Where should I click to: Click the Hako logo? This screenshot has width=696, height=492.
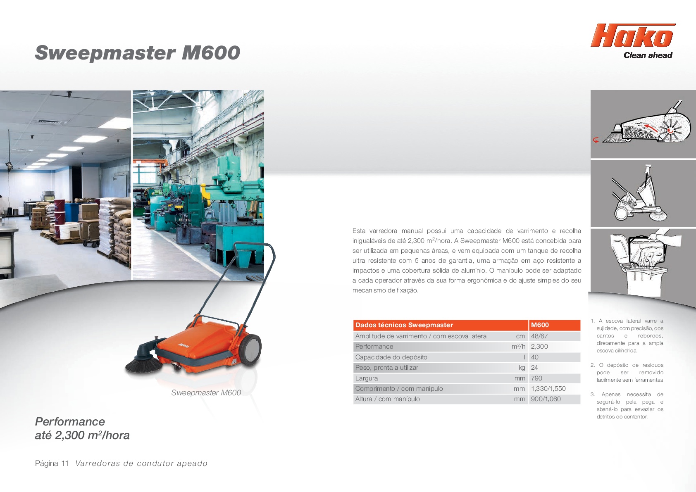(633, 36)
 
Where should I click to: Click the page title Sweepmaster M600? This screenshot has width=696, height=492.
(137, 52)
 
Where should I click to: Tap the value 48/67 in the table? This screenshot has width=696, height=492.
(539, 336)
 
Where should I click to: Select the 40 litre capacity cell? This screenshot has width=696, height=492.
(535, 357)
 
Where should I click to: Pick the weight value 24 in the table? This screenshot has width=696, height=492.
(534, 367)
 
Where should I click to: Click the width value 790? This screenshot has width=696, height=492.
(536, 378)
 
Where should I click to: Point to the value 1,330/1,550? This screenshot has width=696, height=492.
(548, 389)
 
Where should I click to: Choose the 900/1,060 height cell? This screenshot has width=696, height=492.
(546, 399)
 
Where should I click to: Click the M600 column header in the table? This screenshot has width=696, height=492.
(540, 325)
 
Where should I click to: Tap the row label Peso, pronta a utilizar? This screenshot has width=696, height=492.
(386, 367)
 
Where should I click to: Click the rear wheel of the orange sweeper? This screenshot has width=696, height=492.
(250, 350)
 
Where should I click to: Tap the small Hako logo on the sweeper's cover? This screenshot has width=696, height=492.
(184, 345)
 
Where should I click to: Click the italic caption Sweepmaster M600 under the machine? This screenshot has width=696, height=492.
(206, 392)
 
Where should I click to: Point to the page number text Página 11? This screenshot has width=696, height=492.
(52, 463)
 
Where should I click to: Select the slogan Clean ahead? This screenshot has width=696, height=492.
(648, 55)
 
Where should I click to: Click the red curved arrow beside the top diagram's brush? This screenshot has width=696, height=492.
(596, 140)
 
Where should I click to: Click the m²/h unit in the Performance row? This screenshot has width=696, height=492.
(518, 346)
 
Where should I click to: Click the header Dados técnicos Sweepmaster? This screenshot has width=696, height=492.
(404, 325)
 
